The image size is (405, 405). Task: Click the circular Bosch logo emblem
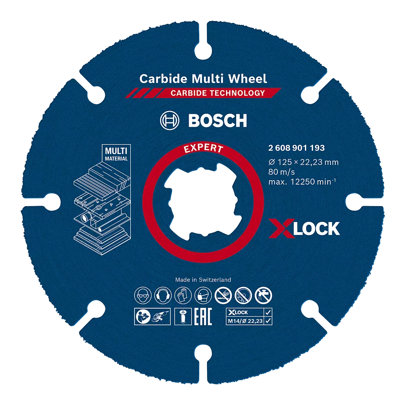[x=169, y=120]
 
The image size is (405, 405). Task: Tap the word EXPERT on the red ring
[x=203, y=148]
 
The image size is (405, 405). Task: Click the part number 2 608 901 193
[x=296, y=148]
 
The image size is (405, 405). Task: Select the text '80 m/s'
[x=281, y=172]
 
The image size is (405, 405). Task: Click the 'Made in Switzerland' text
[x=203, y=279]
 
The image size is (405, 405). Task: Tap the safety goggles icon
[x=143, y=295]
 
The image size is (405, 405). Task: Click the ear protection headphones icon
[x=163, y=295]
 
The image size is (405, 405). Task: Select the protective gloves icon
[x=183, y=295]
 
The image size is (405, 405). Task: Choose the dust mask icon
[x=203, y=295]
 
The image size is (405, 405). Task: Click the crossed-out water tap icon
[x=264, y=295]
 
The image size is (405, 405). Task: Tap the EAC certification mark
[x=203, y=316]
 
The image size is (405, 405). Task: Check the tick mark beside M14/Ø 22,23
[x=268, y=321]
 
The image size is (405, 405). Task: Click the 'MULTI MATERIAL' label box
[x=116, y=153]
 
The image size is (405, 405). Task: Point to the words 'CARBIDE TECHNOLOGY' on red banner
[x=218, y=93]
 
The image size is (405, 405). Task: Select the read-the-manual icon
[x=143, y=316]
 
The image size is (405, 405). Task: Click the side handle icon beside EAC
[x=183, y=316]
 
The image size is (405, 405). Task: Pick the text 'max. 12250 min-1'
[x=302, y=181]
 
